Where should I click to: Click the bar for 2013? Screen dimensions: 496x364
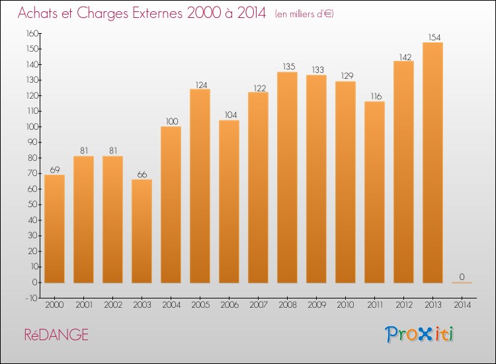pyautogui.click(x=433, y=162)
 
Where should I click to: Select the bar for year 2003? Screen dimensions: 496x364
pyautogui.click(x=142, y=231)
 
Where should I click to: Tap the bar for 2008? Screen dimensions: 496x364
pyautogui.click(x=287, y=177)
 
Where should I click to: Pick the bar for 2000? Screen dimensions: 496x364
pyautogui.click(x=54, y=229)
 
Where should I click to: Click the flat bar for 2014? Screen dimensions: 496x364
pyautogui.click(x=462, y=283)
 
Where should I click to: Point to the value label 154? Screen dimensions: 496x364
pyautogui.click(x=434, y=37)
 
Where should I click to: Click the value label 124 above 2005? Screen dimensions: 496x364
pyautogui.click(x=201, y=85)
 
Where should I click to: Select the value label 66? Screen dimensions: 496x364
pyautogui.click(x=142, y=175)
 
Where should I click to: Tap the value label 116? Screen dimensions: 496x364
pyautogui.click(x=376, y=96)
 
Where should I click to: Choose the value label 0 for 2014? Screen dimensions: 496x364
pyautogui.click(x=462, y=277)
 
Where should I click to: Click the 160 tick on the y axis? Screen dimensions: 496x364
pyautogui.click(x=32, y=33)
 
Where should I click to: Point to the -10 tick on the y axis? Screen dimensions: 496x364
pyautogui.click(x=32, y=298)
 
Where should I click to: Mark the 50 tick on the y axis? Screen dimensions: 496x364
pyautogui.click(x=33, y=205)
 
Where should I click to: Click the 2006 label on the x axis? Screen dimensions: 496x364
pyautogui.click(x=229, y=305)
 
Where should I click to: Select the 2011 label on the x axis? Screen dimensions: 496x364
pyautogui.click(x=375, y=305)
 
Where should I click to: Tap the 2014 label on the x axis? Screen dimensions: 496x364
pyautogui.click(x=462, y=305)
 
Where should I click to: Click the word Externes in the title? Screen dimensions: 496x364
pyautogui.click(x=157, y=13)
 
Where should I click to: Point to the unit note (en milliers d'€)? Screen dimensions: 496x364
pyautogui.click(x=304, y=14)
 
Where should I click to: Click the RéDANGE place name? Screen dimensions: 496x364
pyautogui.click(x=56, y=335)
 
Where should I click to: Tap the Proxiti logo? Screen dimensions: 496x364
pyautogui.click(x=419, y=334)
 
